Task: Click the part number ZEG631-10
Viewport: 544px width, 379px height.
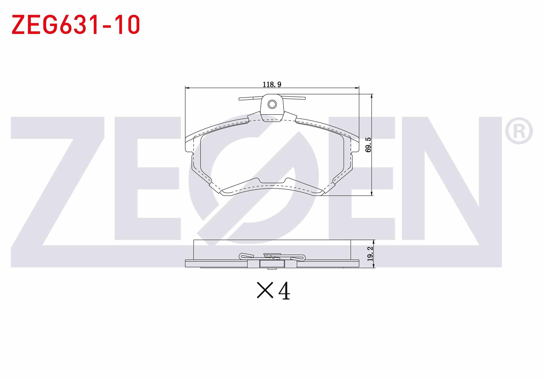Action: (76, 24)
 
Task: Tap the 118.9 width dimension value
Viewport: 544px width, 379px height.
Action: (272, 84)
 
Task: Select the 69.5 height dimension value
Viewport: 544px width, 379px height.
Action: (368, 145)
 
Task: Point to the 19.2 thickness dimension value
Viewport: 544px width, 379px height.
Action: (370, 254)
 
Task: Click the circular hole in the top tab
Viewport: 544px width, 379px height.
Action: (272, 104)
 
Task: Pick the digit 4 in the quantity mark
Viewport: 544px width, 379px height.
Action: (284, 291)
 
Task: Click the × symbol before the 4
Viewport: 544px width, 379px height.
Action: (265, 290)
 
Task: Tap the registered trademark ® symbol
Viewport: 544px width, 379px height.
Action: (519, 131)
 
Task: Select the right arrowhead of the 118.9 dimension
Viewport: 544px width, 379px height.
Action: (357, 88)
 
